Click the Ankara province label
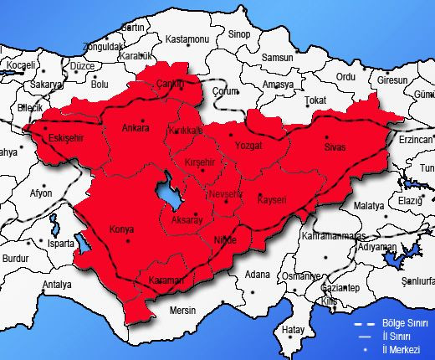135,128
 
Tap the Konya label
121,229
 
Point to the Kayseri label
272,200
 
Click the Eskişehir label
64,137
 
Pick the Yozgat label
250,145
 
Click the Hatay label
292,329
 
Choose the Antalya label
57,285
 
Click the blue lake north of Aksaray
170,191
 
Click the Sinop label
239,33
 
